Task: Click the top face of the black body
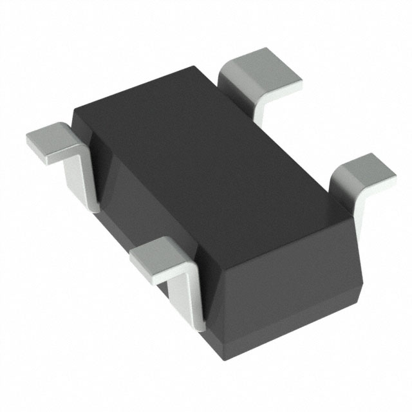click(x=206, y=154)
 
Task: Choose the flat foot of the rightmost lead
click(x=364, y=171)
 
